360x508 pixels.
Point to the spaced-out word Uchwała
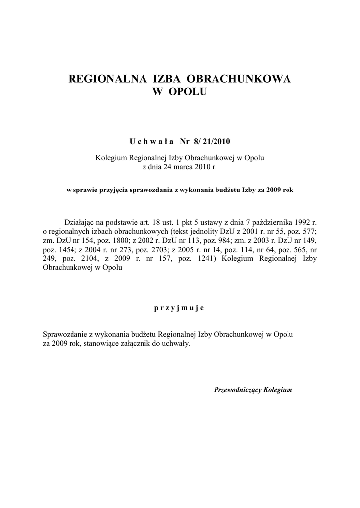click(151, 142)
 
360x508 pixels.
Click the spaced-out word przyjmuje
click(179, 308)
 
